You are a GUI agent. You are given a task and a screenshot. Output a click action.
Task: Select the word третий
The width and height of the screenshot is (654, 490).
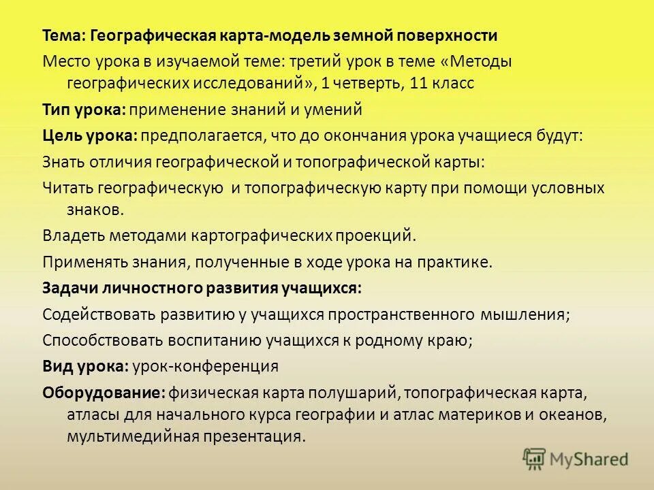(315, 61)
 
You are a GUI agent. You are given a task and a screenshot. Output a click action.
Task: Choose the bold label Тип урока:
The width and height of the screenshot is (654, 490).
(84, 110)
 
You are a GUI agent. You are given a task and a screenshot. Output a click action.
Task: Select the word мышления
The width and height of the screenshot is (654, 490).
(525, 314)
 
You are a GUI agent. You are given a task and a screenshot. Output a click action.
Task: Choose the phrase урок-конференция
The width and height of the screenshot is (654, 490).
(205, 366)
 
